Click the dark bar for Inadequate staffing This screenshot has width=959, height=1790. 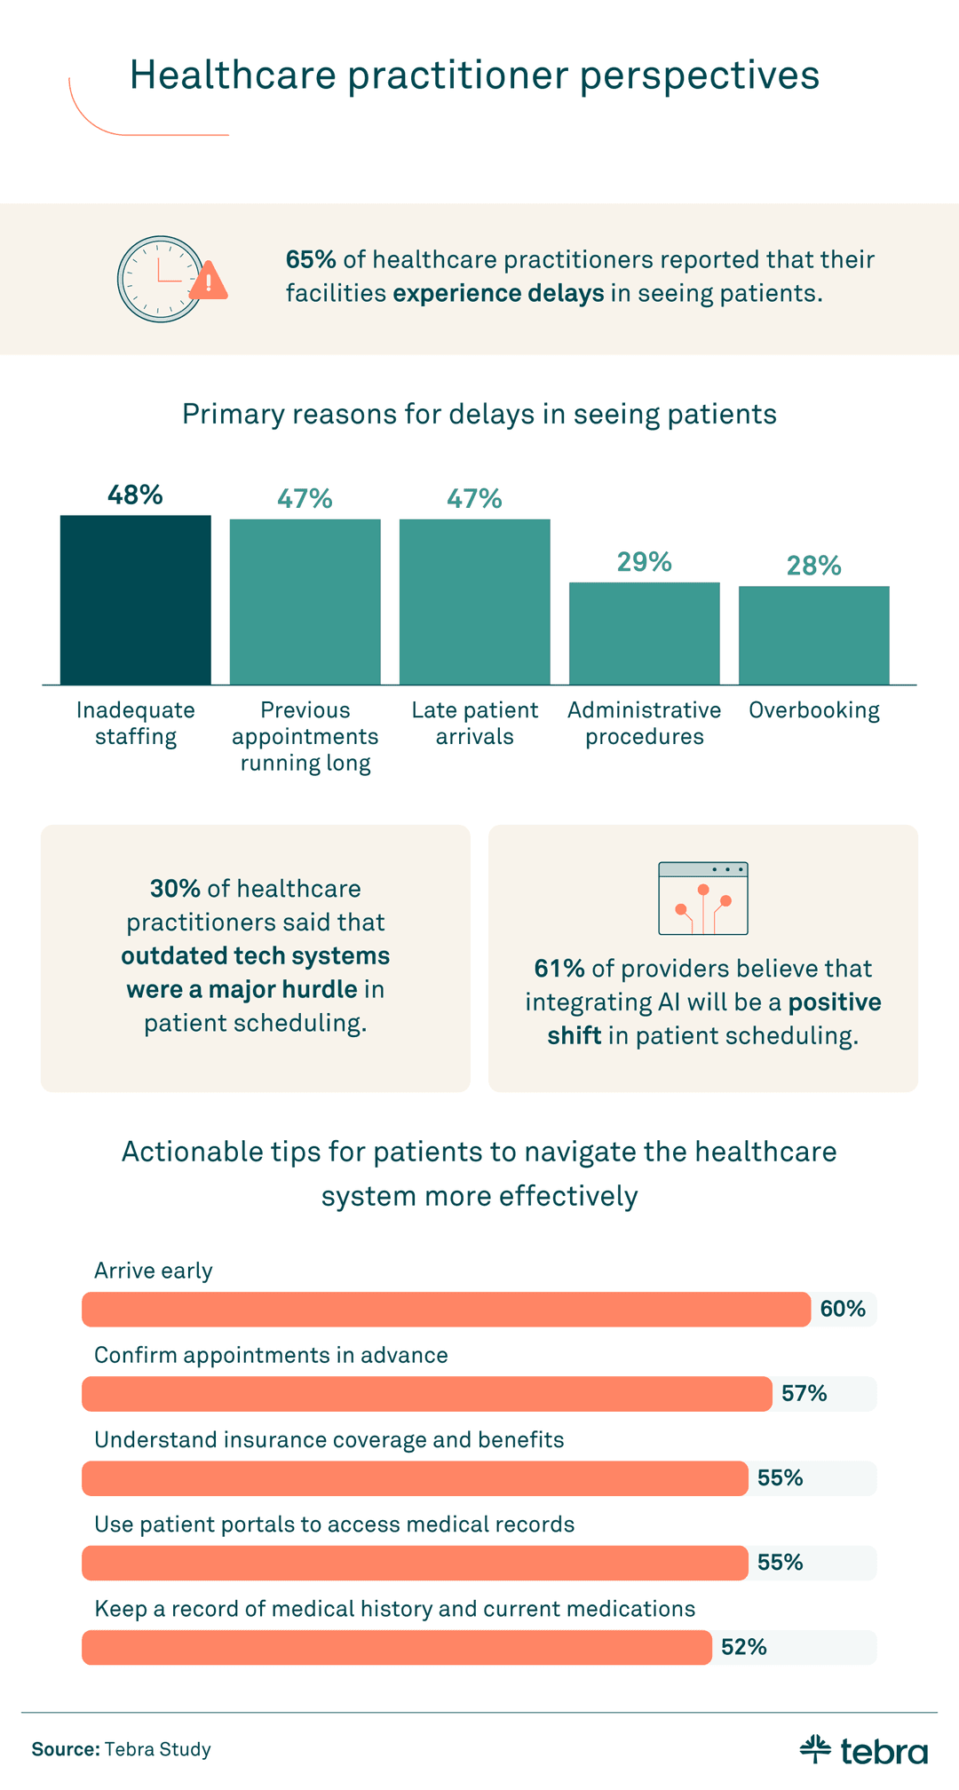[135, 599]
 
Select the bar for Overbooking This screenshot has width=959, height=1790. [813, 635]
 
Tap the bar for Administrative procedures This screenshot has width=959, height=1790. [644, 633]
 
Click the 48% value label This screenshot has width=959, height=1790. [135, 495]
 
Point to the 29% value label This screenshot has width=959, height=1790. [644, 562]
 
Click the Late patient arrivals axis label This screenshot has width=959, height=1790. [474, 723]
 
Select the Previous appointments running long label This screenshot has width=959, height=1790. [305, 736]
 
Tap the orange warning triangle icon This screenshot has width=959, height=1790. [209, 281]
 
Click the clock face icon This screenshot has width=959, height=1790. [160, 279]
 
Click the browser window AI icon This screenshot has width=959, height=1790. [702, 899]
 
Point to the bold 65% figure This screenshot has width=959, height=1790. [310, 259]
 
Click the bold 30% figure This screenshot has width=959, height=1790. [175, 889]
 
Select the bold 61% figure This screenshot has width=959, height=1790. [559, 969]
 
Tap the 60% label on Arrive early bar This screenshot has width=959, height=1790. [842, 1309]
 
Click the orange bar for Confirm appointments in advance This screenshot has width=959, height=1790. [426, 1394]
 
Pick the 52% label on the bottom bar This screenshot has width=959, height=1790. [743, 1648]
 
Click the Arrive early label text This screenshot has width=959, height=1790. [154, 1271]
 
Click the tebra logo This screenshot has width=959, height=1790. [863, 1750]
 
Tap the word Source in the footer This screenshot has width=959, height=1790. [65, 1750]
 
